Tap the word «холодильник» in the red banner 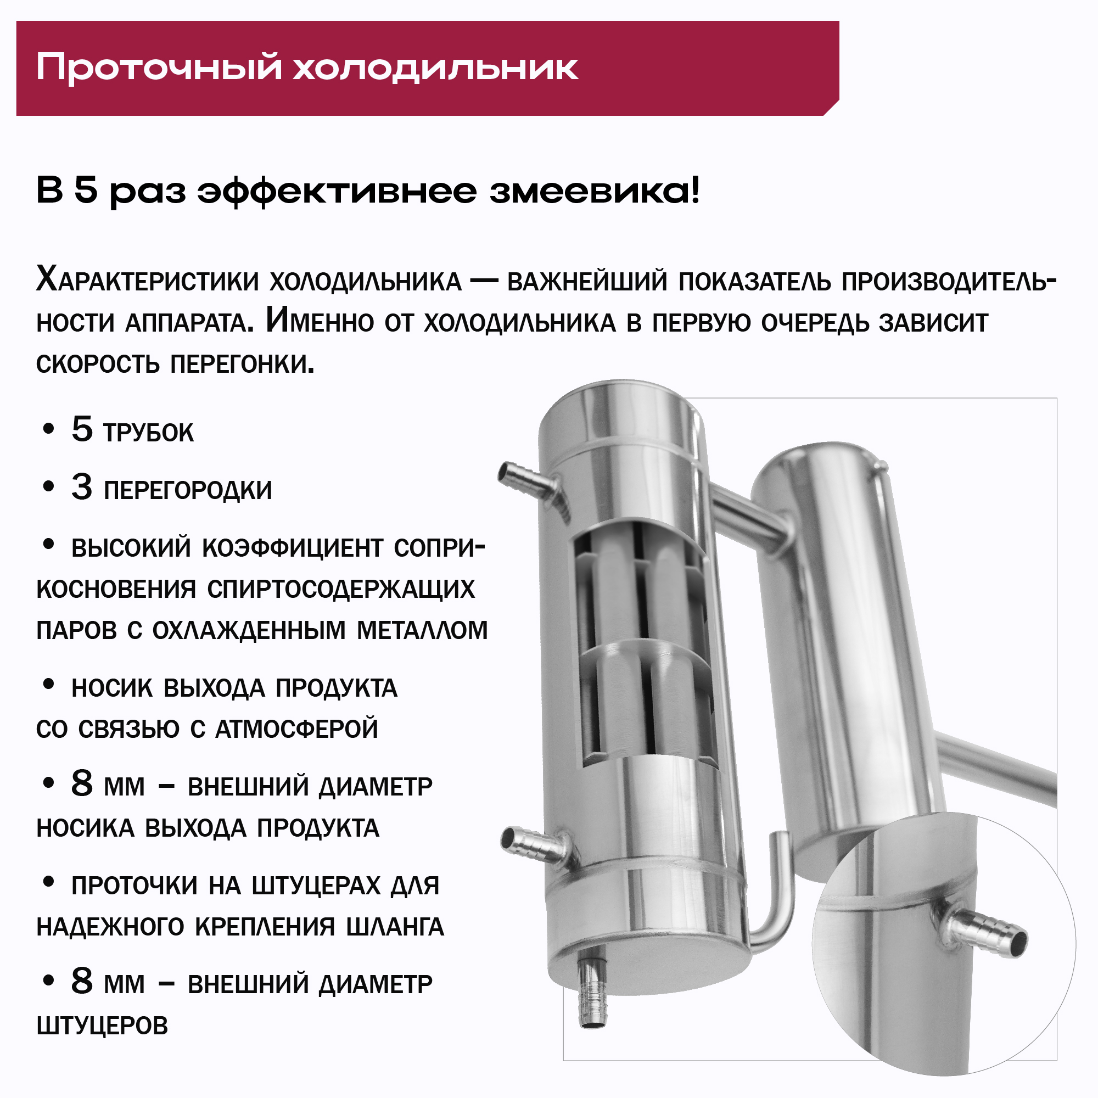coord(436,67)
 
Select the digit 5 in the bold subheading coord(86,191)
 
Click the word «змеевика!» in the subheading coord(595,191)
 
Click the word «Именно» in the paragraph coord(320,322)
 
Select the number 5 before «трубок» coord(82,429)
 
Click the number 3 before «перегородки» coord(82,487)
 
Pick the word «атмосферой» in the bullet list coord(296,729)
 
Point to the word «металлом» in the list coord(422,630)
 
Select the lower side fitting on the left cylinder coord(537,845)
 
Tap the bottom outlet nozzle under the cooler coord(592,990)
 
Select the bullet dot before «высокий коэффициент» coord(49,545)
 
